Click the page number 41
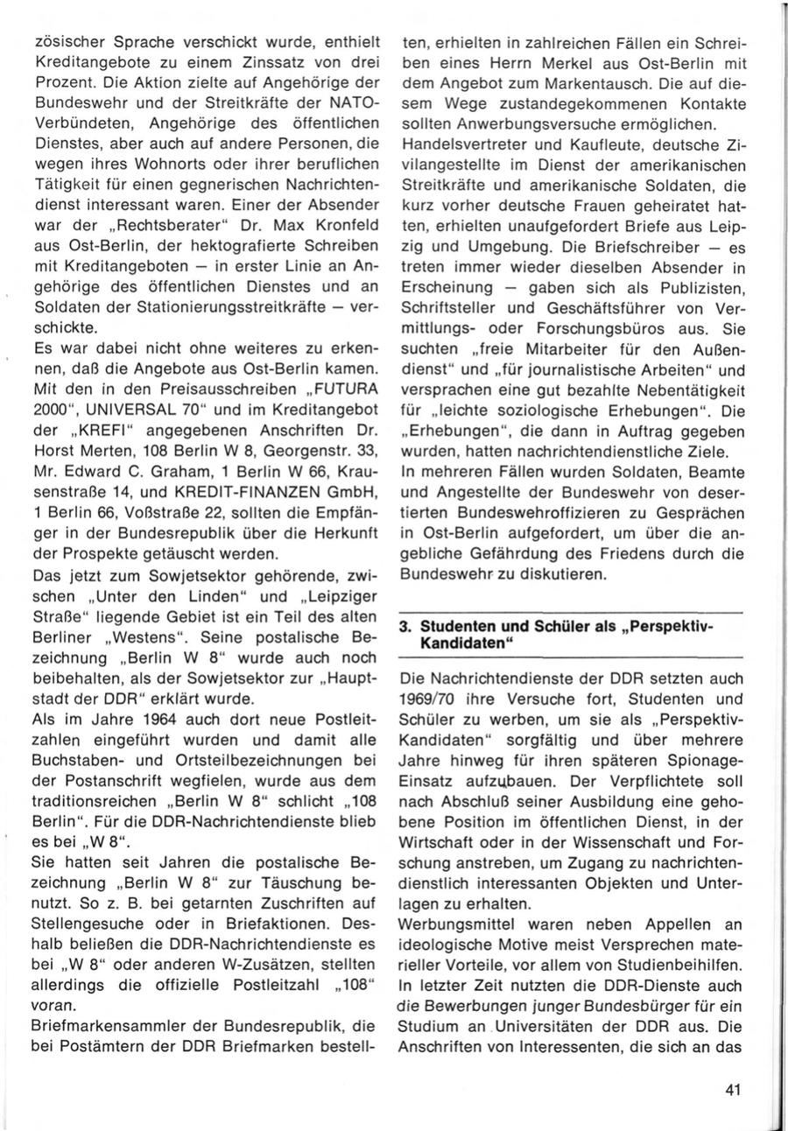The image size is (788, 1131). (x=735, y=1089)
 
